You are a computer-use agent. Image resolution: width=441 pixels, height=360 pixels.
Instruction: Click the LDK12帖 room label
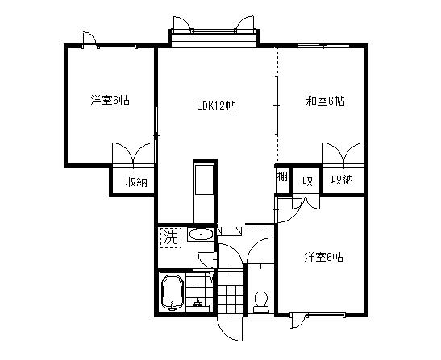(216, 106)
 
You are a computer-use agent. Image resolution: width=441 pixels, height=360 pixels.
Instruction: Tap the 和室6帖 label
(325, 101)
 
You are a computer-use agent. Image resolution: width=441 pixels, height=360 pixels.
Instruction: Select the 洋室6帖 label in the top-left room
(110, 101)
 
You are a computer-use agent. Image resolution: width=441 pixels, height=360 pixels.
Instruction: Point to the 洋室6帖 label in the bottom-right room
(324, 258)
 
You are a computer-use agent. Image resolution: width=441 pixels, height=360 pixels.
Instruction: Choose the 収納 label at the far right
(342, 180)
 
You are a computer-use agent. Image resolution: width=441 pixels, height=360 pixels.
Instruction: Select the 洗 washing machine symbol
(169, 237)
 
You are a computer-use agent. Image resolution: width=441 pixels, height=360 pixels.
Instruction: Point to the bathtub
(172, 292)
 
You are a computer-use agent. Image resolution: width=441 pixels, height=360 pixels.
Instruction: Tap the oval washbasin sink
(201, 235)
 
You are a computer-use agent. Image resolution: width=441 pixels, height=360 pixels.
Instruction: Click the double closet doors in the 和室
(343, 154)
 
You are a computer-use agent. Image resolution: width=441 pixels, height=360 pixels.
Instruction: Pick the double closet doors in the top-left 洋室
(133, 155)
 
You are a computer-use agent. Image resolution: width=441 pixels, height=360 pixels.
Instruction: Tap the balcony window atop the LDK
(214, 36)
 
